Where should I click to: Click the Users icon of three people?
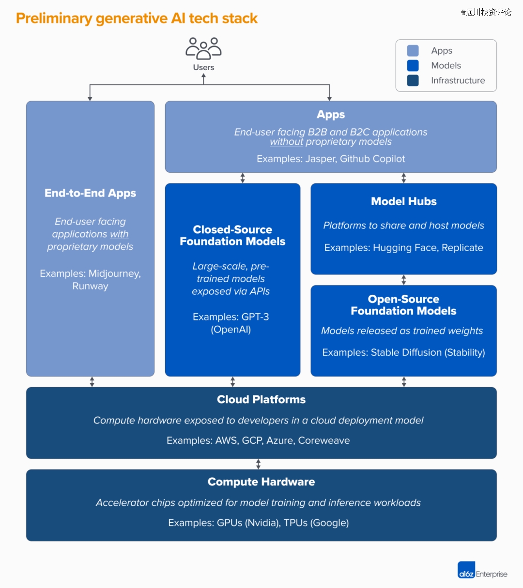point(203,49)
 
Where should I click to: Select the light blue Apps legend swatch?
point(413,50)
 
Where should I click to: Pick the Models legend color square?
point(413,66)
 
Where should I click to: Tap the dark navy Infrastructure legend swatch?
point(413,80)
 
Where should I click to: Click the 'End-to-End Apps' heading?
point(90,193)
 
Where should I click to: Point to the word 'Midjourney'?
point(114,273)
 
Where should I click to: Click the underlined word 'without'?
point(286,142)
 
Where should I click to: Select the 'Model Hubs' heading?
point(404,201)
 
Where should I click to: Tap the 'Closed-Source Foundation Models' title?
point(232,235)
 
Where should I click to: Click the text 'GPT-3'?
point(255,317)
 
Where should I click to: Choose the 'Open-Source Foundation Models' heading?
point(404,305)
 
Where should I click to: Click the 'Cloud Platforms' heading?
point(261,399)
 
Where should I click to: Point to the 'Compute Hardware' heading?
point(261,482)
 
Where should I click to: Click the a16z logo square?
point(466,570)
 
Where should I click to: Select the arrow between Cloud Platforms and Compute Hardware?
point(259,464)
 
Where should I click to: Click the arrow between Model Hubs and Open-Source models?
point(404,280)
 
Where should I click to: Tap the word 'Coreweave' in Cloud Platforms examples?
point(324,440)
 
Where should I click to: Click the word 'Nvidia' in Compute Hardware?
point(262,523)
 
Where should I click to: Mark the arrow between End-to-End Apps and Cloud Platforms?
point(92,382)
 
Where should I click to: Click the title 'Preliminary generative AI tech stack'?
point(137,18)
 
